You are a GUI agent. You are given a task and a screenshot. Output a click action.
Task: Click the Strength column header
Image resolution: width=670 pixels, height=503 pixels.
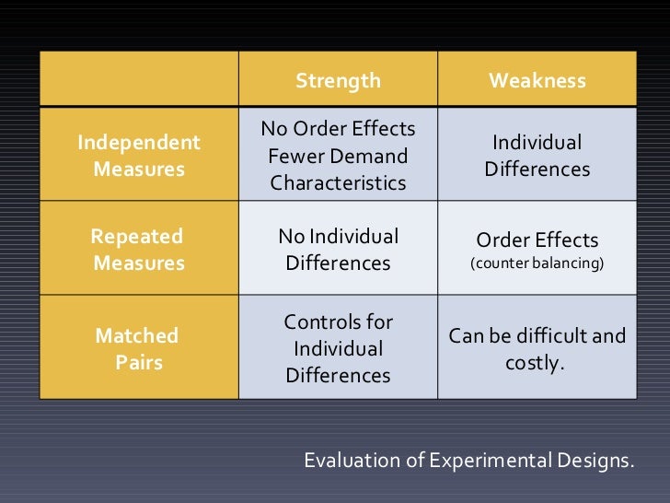338,81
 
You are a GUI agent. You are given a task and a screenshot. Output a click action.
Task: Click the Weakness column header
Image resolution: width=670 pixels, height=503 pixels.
537,81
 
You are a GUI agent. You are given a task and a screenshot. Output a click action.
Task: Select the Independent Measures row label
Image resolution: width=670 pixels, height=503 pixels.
138,157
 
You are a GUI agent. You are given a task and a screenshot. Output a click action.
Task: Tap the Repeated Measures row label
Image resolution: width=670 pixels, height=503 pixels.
138,250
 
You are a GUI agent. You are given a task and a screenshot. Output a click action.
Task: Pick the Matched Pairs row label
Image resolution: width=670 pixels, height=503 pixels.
138,349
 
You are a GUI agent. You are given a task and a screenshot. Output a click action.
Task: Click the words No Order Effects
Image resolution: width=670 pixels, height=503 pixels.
338,128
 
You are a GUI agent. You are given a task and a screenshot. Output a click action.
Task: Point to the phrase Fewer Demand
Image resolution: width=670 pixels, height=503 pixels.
338,156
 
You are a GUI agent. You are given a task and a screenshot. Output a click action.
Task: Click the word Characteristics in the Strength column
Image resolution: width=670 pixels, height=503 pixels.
338,183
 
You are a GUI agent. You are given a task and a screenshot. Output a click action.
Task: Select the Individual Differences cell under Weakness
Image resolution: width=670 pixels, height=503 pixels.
537,157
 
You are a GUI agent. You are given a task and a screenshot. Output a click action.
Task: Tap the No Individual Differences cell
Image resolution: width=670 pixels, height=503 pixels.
338,250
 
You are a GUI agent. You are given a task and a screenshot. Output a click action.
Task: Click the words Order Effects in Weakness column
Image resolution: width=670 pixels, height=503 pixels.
537,240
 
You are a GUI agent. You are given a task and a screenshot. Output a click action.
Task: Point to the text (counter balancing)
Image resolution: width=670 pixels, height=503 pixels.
537,264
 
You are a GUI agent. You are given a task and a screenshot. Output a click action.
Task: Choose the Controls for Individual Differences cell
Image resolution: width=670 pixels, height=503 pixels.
338,349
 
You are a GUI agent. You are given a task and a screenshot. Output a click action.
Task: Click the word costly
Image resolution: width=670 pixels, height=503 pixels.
536,363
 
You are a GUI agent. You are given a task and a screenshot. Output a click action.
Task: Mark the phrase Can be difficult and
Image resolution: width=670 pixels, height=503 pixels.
537,336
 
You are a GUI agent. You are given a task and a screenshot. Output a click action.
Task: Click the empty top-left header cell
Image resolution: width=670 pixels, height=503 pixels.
138,81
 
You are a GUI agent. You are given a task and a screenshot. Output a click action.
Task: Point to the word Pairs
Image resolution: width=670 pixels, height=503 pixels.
139,363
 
